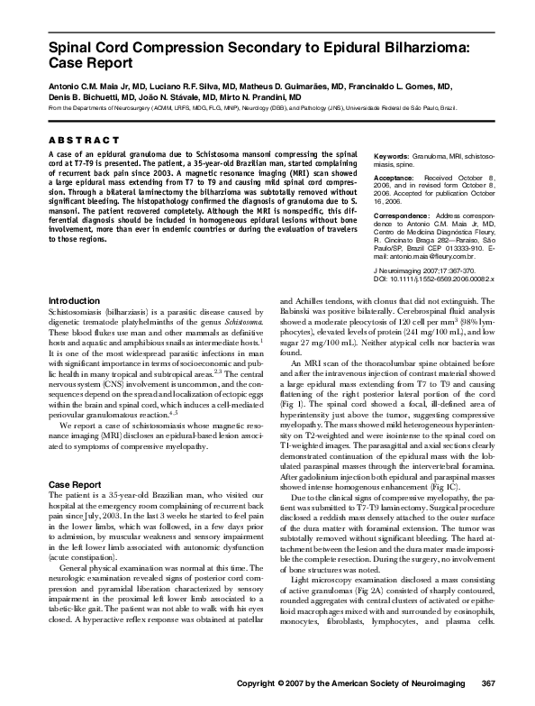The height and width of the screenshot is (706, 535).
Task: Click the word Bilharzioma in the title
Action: (409, 47)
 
